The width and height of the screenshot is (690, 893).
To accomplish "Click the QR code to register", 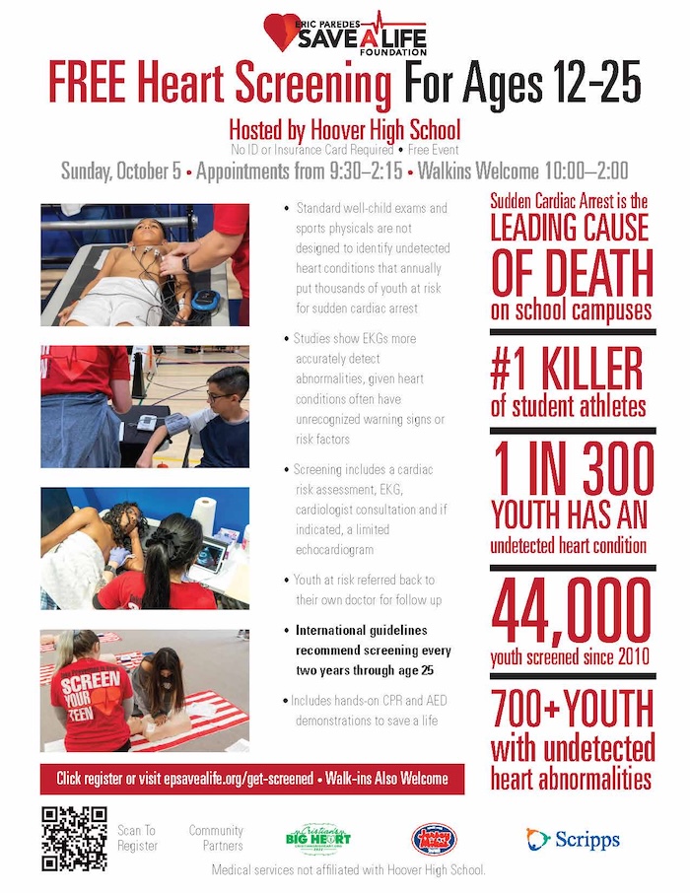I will [x=74, y=838].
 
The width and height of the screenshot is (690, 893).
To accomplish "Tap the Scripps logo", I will [x=573, y=839].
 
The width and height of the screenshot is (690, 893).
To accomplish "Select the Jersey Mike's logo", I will [x=434, y=839].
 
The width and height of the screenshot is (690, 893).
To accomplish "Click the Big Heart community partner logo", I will [x=316, y=839].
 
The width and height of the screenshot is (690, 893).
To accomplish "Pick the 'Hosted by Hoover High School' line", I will [x=344, y=130].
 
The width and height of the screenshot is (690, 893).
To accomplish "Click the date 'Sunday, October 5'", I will [x=120, y=171].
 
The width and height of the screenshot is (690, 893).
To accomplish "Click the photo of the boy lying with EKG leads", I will [x=144, y=264].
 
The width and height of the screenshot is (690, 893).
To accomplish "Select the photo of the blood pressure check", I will [x=144, y=406].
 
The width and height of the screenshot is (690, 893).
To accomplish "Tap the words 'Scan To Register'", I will [x=137, y=838].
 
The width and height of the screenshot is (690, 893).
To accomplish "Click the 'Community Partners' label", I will [x=216, y=838].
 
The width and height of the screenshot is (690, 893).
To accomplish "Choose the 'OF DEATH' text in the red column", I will [x=572, y=273].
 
